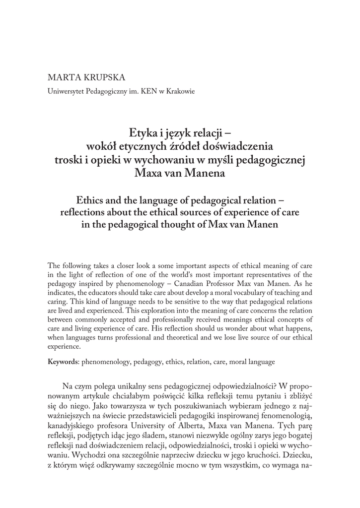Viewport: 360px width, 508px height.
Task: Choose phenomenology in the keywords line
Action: [105, 362]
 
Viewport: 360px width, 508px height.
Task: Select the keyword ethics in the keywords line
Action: [172, 362]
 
